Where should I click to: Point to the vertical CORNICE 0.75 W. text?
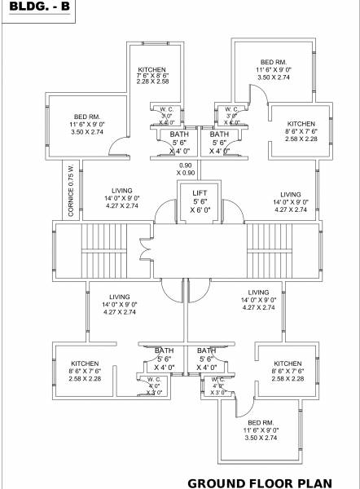coord(72,190)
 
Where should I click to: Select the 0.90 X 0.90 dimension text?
coord(186,170)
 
